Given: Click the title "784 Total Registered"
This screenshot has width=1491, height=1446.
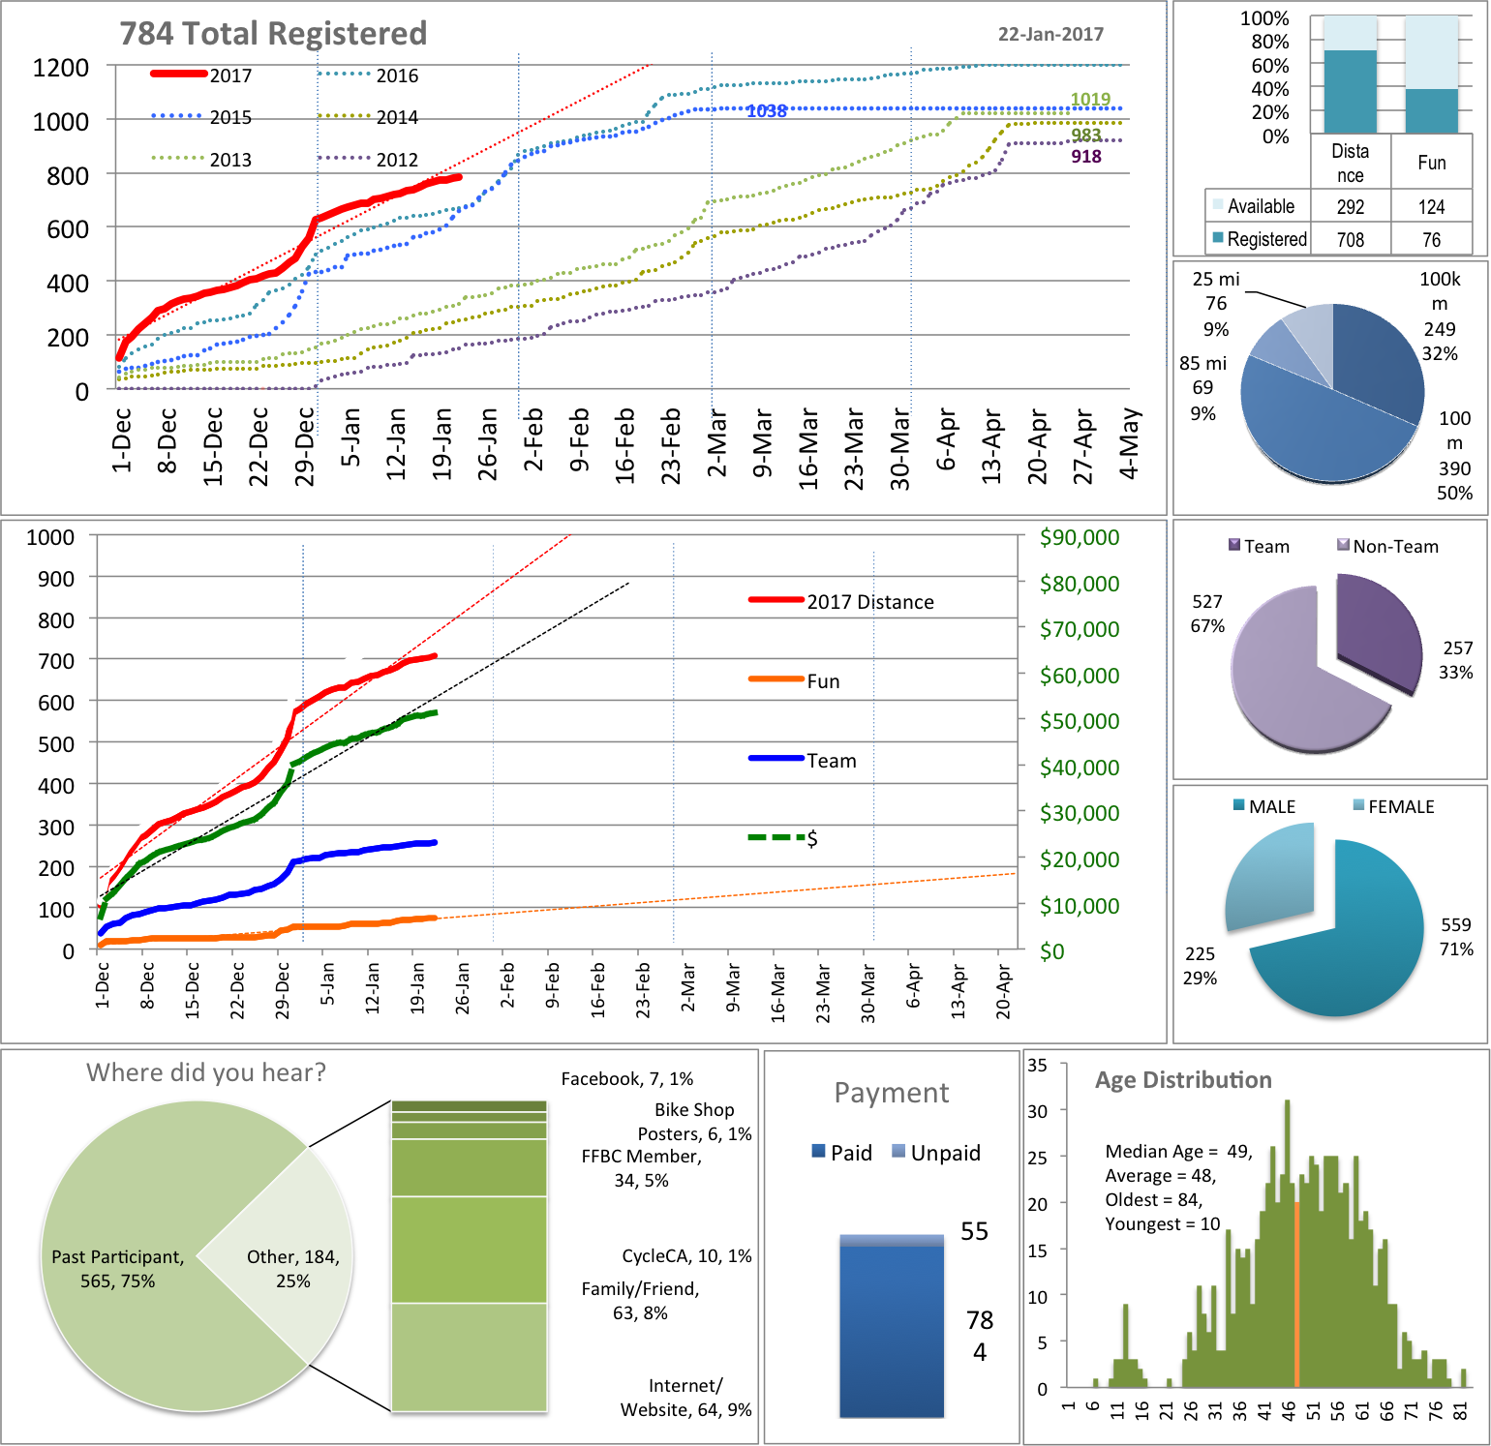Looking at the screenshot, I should (x=273, y=34).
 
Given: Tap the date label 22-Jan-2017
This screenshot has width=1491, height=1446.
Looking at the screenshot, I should (x=1050, y=34).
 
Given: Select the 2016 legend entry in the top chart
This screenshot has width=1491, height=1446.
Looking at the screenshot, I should (x=396, y=75).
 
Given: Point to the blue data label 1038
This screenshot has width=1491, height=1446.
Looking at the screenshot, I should (x=767, y=111).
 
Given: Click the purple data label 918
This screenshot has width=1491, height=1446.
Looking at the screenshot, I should (x=1086, y=157).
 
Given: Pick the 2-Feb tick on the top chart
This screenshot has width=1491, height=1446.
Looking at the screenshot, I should (x=533, y=440).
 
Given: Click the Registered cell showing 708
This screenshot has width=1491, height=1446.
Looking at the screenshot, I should (x=1351, y=239).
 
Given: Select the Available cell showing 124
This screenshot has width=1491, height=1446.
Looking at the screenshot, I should (x=1431, y=206).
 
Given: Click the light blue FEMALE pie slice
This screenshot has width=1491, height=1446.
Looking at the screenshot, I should (x=1268, y=876).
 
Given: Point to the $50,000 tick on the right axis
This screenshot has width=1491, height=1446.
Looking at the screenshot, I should (x=1080, y=721).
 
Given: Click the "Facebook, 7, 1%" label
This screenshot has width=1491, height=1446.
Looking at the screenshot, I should (x=626, y=1079).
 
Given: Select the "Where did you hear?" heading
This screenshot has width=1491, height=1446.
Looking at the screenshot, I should (x=206, y=1072).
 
